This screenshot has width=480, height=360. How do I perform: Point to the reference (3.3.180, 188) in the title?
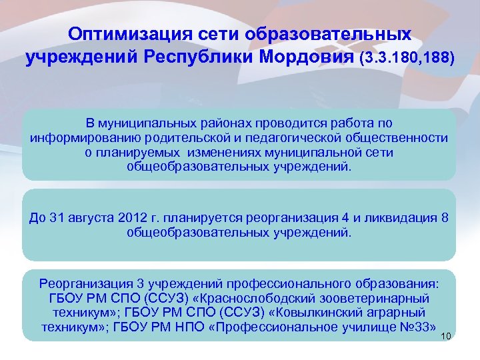click(x=407, y=59)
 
